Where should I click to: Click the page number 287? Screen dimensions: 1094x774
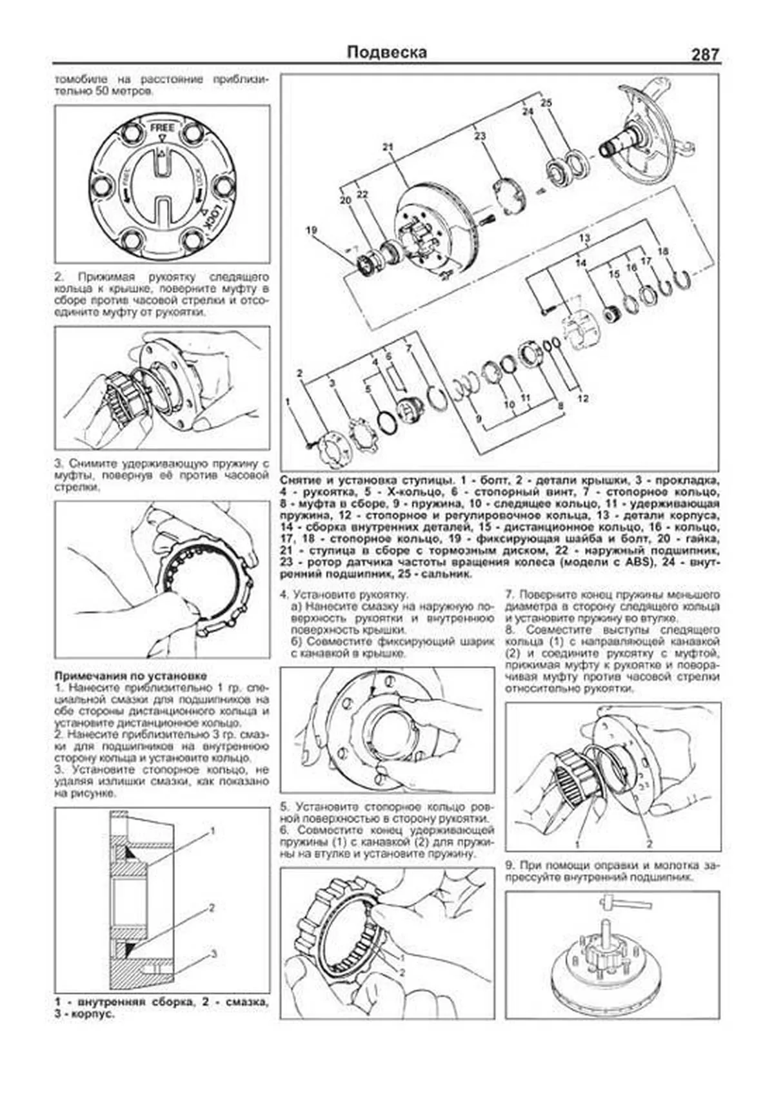pos(705,54)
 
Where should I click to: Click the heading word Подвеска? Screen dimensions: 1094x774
pos(386,52)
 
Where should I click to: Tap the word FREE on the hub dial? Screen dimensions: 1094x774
pos(163,128)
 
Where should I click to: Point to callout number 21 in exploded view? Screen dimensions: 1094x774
pos(387,147)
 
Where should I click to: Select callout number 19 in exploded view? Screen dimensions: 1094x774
pos(312,230)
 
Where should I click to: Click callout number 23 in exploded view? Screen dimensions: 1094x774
pos(479,136)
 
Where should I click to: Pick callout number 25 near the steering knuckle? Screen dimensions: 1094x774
pos(546,103)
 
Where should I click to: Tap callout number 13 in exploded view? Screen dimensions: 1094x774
pos(584,239)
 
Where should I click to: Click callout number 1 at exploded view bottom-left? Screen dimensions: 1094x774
pos(288,402)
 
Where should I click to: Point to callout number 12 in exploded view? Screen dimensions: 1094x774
pos(583,398)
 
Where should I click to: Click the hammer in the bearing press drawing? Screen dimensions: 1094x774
pos(607,900)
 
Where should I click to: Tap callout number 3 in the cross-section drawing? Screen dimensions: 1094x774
pos(214,953)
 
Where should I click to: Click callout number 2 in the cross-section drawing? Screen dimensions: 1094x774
pos(212,908)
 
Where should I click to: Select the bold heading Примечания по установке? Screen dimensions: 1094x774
pos(131,676)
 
